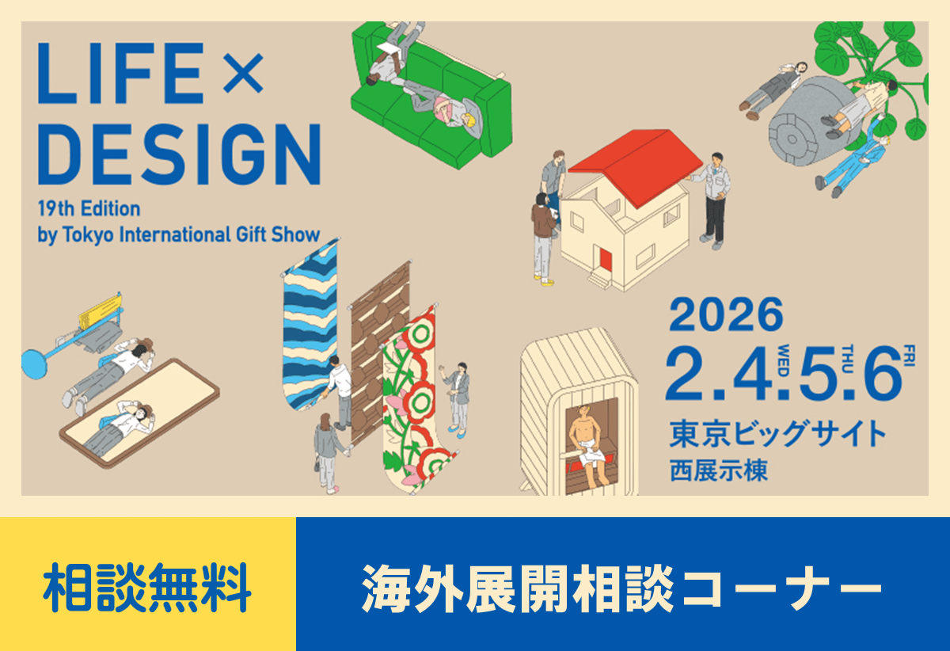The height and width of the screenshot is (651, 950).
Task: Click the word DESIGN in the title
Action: click(x=179, y=154)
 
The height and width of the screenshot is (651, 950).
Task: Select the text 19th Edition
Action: click(x=89, y=209)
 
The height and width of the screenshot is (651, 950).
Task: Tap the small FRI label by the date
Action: click(x=908, y=354)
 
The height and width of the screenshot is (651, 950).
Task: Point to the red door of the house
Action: click(x=606, y=259)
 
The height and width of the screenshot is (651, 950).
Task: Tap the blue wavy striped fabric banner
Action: click(x=309, y=325)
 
